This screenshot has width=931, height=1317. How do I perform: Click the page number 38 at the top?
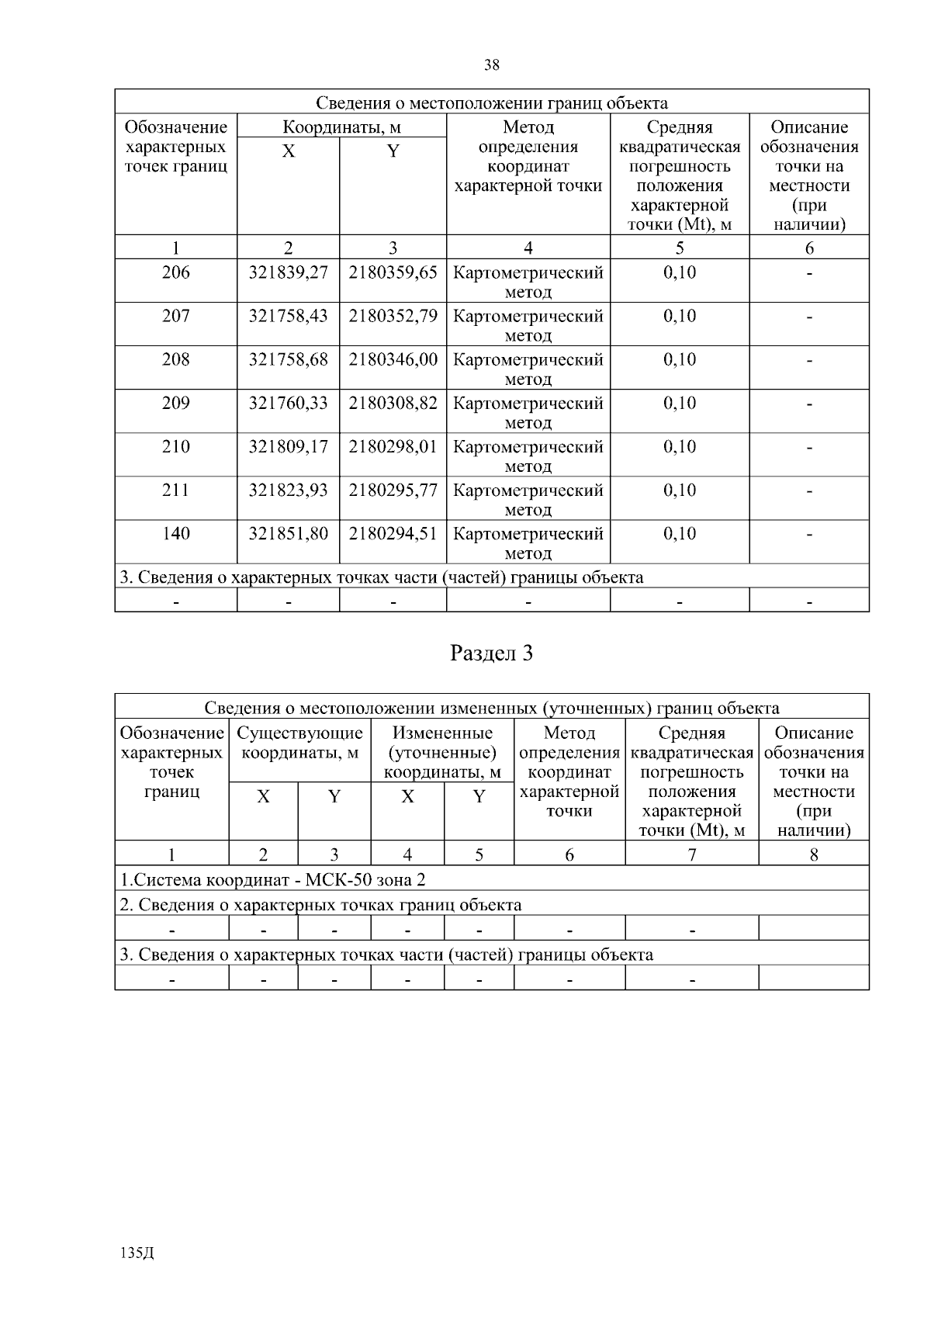[492, 65]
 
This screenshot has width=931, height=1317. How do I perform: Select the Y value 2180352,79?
[393, 317]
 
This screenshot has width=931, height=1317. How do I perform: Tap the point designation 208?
[175, 360]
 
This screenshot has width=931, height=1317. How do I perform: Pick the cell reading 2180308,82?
[393, 404]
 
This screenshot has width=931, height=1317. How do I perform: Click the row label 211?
[175, 490]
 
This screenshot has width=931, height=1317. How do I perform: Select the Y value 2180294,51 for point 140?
[393, 534]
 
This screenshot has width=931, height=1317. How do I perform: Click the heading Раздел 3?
[492, 653]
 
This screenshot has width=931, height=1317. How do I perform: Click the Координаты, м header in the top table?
[341, 127]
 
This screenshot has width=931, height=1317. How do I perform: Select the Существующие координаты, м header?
[299, 743]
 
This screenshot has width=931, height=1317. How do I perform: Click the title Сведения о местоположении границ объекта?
[492, 103]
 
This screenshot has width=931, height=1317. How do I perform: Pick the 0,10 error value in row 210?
[680, 447]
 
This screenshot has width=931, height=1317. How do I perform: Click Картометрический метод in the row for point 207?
[528, 325]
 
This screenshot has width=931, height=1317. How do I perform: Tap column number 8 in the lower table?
[813, 855]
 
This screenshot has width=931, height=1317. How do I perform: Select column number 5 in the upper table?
[680, 248]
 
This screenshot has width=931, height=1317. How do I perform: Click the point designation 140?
[175, 534]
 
